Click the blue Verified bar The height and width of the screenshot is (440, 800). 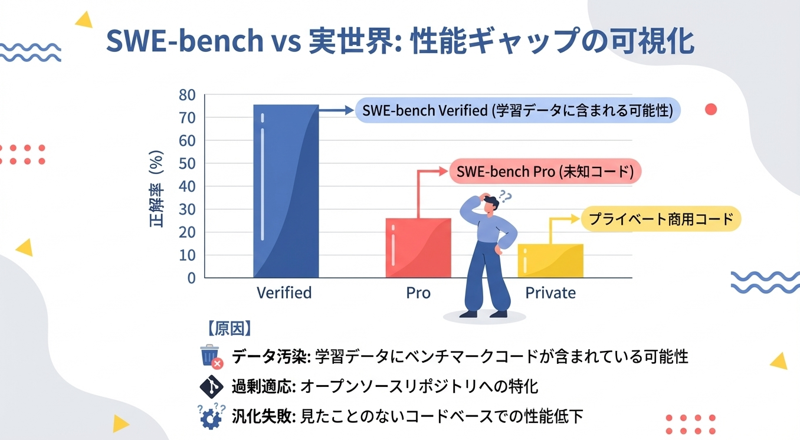tap(286, 191)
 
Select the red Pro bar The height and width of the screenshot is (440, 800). tap(418, 248)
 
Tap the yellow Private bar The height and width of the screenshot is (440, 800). tap(550, 261)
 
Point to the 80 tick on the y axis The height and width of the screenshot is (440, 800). tap(187, 95)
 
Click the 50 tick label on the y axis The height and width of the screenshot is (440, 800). tap(187, 163)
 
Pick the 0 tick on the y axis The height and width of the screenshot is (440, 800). tap(191, 278)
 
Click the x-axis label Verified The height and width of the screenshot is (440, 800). tap(284, 293)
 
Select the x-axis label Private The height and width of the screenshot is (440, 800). tap(550, 293)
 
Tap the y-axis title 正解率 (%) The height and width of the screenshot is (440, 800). tap(156, 189)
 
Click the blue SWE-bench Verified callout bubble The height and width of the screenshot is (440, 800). tap(517, 110)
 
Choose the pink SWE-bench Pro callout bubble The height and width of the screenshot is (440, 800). tap(545, 172)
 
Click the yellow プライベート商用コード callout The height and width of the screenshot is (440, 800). tap(661, 219)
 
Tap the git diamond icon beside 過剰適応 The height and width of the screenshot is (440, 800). tap(211, 386)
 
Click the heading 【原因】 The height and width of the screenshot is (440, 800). tap(229, 329)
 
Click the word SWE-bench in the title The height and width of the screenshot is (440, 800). tap(185, 40)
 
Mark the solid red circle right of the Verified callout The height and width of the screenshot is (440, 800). tap(711, 109)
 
